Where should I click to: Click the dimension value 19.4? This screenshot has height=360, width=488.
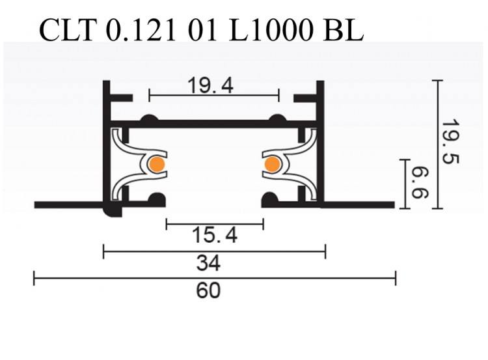point(210,85)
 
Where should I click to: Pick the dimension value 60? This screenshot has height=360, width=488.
point(208,291)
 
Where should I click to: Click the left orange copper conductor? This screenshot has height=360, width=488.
point(156,165)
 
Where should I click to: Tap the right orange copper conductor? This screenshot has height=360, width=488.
point(271,165)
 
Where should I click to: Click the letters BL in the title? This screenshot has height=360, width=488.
point(341,30)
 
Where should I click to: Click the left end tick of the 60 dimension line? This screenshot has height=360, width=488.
point(34,279)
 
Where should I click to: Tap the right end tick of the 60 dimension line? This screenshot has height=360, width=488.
point(395,279)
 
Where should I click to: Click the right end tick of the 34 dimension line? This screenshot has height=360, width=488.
point(325,251)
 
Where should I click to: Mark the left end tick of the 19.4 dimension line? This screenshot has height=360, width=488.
point(150,95)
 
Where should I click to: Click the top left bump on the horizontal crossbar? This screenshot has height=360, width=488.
point(149,118)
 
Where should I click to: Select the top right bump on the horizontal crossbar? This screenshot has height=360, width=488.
point(278,118)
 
